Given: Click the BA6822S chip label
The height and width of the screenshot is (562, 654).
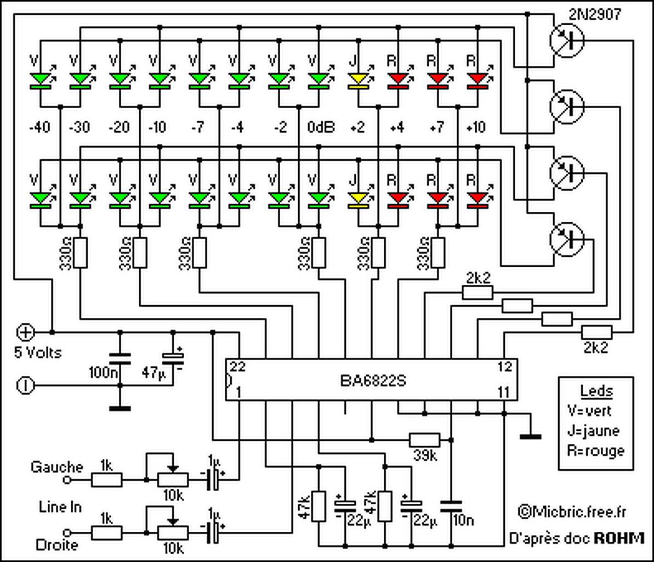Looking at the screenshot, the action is click(373, 381).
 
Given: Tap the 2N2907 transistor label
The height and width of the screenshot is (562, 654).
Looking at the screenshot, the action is click(595, 15).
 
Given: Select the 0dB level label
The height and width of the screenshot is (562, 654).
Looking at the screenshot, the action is click(321, 127).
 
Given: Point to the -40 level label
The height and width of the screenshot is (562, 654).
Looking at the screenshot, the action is click(40, 127).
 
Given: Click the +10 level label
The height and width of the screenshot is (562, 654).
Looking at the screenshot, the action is click(476, 127).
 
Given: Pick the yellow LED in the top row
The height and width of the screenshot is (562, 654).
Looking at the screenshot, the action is click(359, 80).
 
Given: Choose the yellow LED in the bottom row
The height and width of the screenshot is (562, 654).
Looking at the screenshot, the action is click(359, 200).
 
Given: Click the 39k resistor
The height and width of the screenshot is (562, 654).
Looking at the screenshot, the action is click(424, 440).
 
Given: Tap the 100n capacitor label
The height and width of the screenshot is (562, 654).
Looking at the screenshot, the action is click(103, 372).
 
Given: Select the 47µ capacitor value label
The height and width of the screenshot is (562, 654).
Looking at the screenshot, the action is click(153, 372).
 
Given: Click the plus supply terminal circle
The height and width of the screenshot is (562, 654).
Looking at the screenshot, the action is click(25, 333).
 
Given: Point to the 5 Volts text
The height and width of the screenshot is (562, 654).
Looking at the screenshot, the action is click(38, 352).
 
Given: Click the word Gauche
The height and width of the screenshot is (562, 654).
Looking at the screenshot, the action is click(56, 467).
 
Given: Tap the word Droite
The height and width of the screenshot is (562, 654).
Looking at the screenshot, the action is click(56, 545).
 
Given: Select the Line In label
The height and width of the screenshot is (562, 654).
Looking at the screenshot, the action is click(60, 507).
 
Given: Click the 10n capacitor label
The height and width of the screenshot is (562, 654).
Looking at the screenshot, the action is click(463, 520).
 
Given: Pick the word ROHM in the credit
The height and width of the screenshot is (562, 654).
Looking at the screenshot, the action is click(619, 538).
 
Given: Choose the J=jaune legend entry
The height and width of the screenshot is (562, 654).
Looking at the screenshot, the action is click(594, 430).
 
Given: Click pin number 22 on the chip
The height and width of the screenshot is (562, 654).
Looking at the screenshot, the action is click(238, 367).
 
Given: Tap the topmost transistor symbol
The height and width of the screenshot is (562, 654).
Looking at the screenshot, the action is click(567, 40).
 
